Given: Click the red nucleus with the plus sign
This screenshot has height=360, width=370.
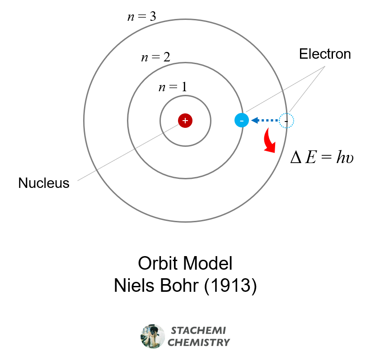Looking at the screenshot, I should click(185, 121).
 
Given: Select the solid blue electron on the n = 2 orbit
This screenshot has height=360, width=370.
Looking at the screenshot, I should click(242, 121).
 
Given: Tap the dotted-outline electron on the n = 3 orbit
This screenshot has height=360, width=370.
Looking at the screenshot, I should click(286, 121).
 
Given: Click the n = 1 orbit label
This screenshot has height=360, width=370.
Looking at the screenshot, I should click(172, 87).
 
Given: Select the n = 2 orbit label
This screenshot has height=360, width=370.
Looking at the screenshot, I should click(155, 57).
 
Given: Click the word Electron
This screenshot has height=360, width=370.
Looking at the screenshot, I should click(325, 54).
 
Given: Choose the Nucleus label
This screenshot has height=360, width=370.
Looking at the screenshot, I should click(44, 183).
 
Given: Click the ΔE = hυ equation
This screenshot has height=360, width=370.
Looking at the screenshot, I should click(322, 157).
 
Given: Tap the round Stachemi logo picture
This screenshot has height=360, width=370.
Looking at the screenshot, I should click(153, 336).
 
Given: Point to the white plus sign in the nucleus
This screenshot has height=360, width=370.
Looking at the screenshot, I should click(185, 121).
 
